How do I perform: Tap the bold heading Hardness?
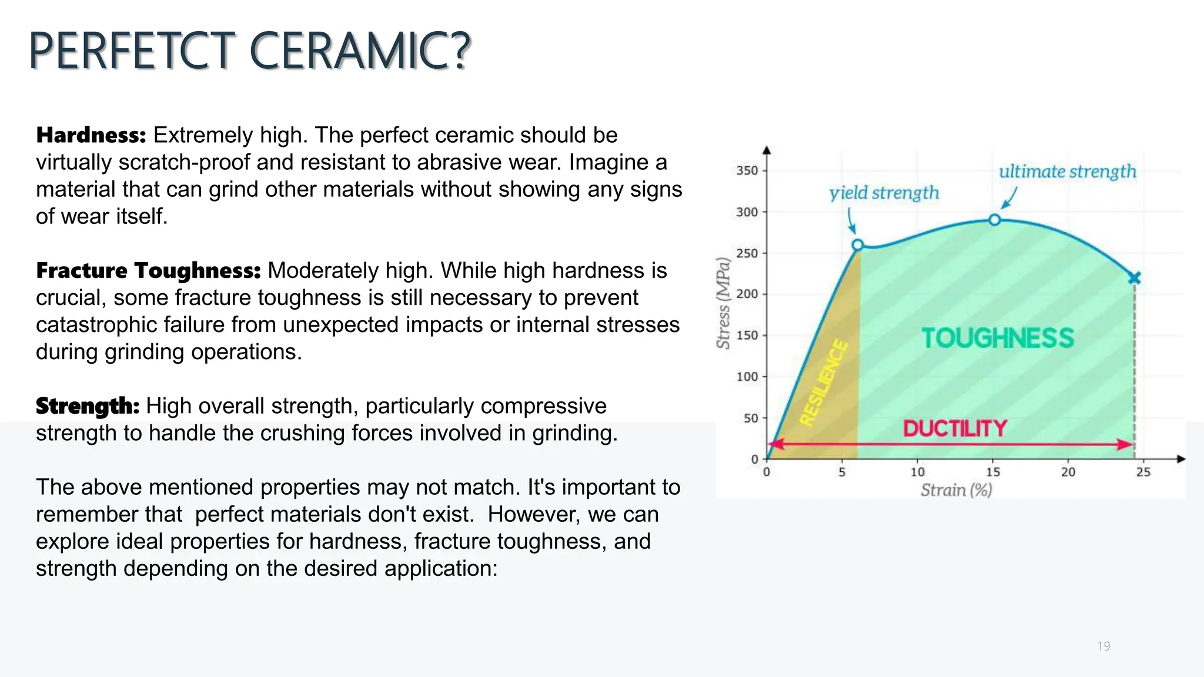[91, 135]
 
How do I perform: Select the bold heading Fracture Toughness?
[148, 270]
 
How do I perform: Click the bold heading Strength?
[88, 406]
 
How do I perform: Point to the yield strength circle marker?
[858, 244]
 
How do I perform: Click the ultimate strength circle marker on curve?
[994, 220]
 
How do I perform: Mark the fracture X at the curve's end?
[1135, 278]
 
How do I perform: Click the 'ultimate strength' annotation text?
[1067, 172]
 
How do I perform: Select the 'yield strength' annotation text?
[884, 193]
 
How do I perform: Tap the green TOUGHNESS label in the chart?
[998, 338]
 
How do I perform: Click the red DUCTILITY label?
[955, 428]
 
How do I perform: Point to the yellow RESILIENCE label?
[824, 383]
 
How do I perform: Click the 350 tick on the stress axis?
[747, 170]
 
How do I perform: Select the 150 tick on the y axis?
[747, 336]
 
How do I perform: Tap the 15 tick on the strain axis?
[993, 472]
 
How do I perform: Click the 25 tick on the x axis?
[1143, 472]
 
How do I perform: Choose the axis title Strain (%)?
[956, 490]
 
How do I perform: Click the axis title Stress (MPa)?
[724, 303]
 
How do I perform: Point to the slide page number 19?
[1103, 646]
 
